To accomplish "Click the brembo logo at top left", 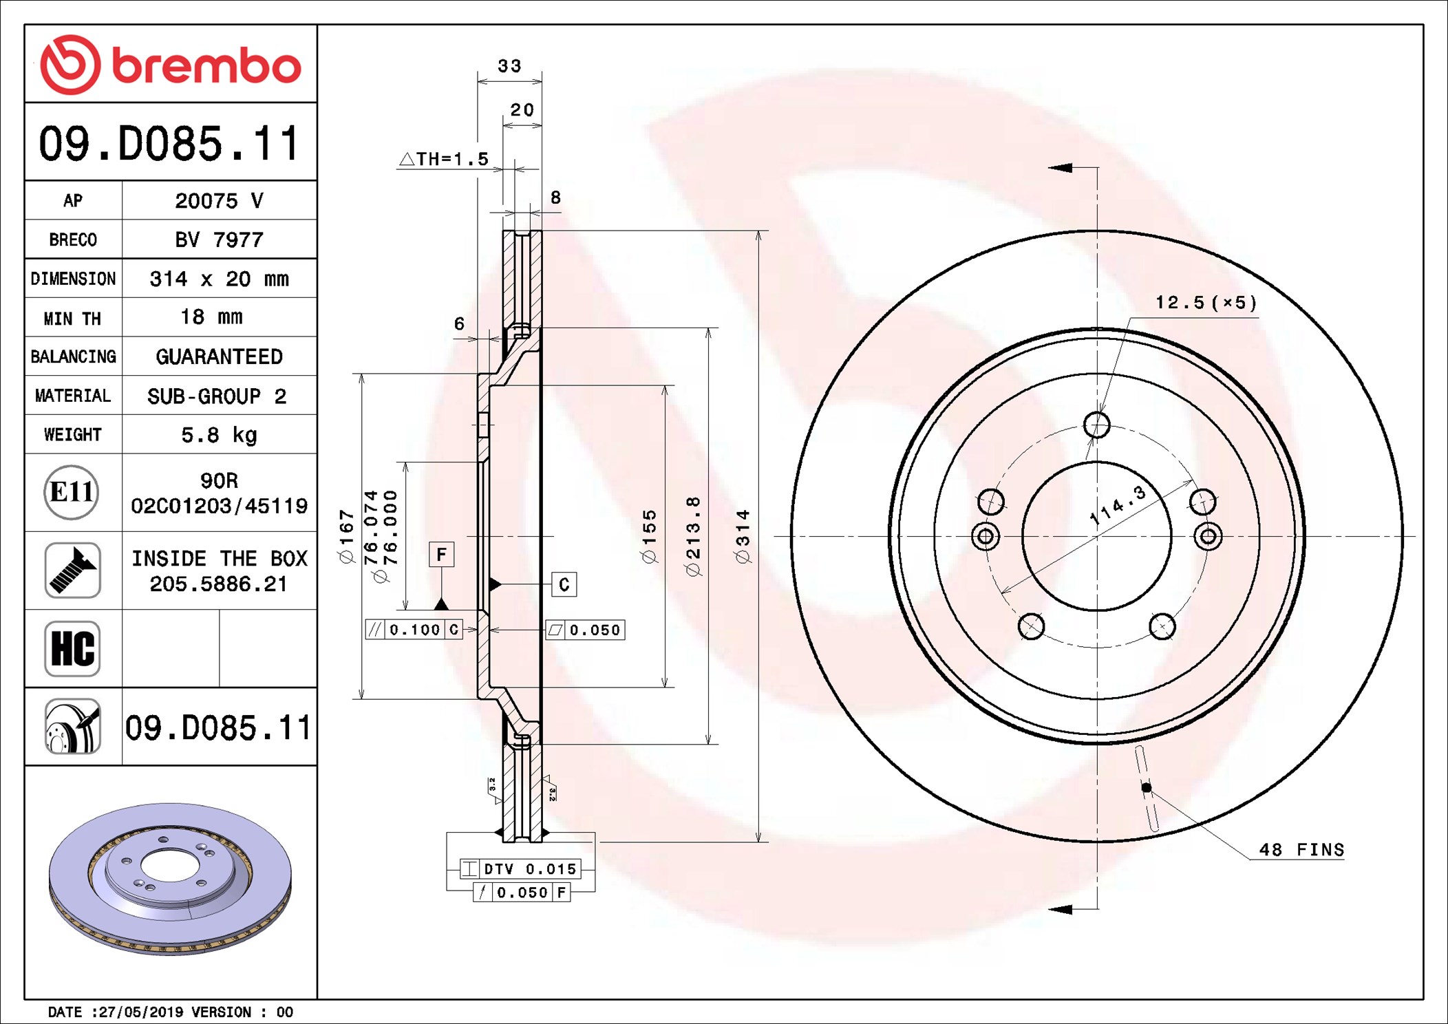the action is pyautogui.click(x=171, y=65).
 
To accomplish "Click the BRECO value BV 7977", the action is pyautogui.click(x=219, y=239).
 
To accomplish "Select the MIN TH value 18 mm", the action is pyautogui.click(x=211, y=317).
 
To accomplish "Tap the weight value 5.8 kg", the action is pyautogui.click(x=219, y=435).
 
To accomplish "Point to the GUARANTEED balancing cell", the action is pyautogui.click(x=219, y=356).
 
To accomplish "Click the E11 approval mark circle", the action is pyautogui.click(x=72, y=492).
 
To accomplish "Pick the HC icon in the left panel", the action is pyautogui.click(x=72, y=648).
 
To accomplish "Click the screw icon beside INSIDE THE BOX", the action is pyautogui.click(x=72, y=570).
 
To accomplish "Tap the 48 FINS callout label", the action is pyautogui.click(x=1301, y=850).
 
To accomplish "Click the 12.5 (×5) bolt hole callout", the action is pyautogui.click(x=1206, y=303).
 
